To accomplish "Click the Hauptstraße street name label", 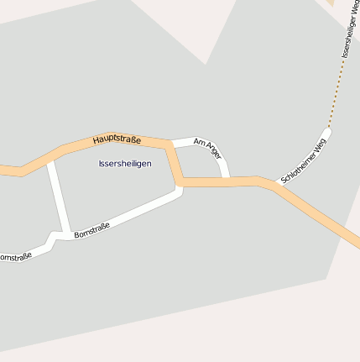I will [x=117, y=139].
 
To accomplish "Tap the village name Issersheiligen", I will [x=125, y=163].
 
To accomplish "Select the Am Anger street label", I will [x=207, y=148].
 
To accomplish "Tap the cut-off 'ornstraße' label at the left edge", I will [x=15, y=255].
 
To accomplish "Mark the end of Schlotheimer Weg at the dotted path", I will [x=328, y=129].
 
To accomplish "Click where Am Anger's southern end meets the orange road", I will [x=225, y=180].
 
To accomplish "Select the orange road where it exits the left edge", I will [x=3, y=169].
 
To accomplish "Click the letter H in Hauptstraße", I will [x=97, y=137].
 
